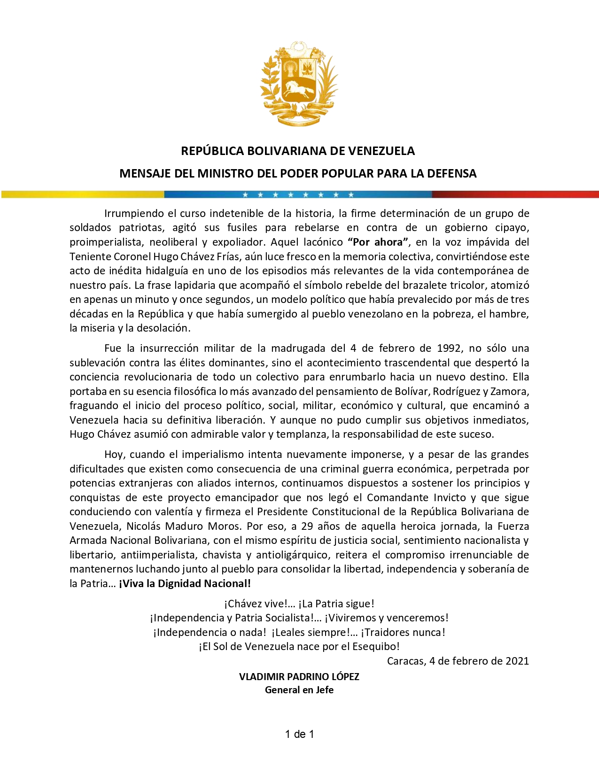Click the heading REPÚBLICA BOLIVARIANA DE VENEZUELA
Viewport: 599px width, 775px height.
298,151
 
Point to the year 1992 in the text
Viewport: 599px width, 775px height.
449,348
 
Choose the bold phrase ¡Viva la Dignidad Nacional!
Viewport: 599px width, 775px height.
185,583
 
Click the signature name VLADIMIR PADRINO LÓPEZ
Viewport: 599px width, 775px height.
299,676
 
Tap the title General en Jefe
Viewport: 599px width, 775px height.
299,690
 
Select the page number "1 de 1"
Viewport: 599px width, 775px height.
299,734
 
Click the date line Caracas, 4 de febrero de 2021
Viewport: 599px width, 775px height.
458,661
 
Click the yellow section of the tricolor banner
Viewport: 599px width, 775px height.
83,194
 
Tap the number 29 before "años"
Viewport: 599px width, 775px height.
307,526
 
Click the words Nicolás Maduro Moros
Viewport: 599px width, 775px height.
183,526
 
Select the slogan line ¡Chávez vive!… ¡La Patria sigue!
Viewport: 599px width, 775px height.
299,604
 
